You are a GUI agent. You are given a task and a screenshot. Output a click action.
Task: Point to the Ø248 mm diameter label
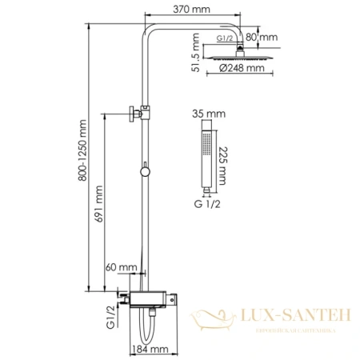(242, 69)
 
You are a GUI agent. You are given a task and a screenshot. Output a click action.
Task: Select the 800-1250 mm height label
(80, 156)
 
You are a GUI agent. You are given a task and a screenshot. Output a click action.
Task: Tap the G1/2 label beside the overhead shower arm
(227, 38)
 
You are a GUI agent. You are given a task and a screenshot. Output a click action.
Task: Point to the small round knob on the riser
(143, 170)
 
